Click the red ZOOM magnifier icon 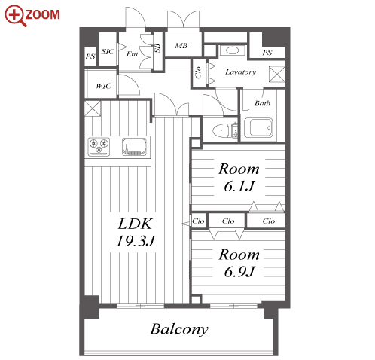pos(14,15)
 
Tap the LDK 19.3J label pos(136,232)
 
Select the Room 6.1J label pos(239,178)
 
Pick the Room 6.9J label pos(239,263)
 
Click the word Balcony pos(179,329)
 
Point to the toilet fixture pos(224,130)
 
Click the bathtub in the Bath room pos(258,128)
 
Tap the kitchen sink pos(134,147)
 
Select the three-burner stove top pos(99,146)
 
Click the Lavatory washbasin pos(232,50)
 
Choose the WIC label pos(103,86)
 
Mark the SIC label pos(108,51)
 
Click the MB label pos(181,46)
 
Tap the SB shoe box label pos(157,48)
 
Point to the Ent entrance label pos(133,54)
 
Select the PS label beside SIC pos(90,56)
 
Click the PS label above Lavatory pos(267,53)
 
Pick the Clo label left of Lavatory pos(198,72)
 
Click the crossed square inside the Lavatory pos(277,74)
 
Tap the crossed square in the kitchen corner pos(93,108)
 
